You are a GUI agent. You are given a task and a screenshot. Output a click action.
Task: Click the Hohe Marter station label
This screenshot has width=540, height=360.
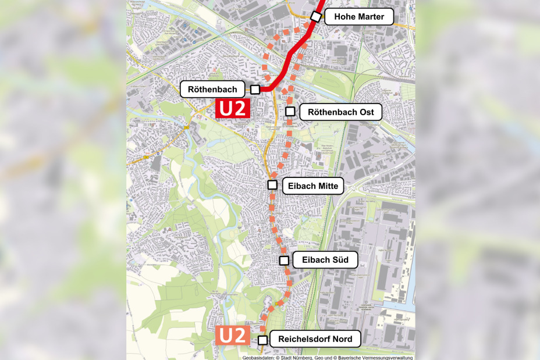[359, 17]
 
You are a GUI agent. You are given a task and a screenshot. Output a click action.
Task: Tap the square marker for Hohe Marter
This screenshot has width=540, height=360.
[315, 16]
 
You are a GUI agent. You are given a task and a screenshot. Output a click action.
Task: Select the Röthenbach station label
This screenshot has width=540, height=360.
[209, 90]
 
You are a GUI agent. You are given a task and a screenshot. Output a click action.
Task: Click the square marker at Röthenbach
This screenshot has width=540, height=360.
[255, 89]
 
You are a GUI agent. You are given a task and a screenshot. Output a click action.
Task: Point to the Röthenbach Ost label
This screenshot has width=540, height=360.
[340, 112]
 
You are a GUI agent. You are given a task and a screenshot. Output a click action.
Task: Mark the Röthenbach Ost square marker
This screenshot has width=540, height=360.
[290, 111]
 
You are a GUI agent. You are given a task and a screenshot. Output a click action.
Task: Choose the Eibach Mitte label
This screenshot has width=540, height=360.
[313, 186]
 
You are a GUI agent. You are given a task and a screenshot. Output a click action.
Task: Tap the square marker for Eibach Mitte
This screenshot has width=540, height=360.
[272, 185]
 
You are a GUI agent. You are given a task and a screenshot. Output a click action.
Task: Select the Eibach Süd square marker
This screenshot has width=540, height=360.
[284, 260]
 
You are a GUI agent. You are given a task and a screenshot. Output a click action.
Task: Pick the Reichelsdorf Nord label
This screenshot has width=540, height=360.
[315, 339]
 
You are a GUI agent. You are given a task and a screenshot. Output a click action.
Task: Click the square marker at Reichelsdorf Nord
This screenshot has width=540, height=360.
[263, 340]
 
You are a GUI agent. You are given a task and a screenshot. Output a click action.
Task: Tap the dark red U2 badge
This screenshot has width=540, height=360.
[233, 108]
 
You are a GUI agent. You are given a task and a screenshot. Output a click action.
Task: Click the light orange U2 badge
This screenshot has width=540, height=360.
[233, 336]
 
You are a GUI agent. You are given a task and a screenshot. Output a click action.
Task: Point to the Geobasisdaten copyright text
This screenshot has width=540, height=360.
[328, 357]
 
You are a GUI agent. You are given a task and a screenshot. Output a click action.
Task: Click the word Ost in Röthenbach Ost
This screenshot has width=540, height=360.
[365, 112]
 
